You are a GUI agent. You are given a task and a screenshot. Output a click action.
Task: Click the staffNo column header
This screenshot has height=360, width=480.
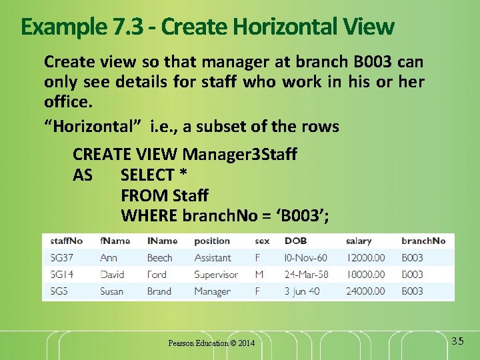67,241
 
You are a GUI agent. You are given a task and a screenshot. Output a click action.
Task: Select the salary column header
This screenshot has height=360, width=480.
359,241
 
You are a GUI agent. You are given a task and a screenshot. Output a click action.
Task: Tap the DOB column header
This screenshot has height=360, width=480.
295,241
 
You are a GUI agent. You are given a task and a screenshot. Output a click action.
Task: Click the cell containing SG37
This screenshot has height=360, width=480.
62,258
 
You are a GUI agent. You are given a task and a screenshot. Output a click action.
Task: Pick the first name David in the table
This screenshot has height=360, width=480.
112,275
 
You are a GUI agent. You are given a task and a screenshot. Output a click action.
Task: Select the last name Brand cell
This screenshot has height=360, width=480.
159,291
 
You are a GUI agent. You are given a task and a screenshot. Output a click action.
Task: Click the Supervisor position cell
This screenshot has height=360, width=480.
216,275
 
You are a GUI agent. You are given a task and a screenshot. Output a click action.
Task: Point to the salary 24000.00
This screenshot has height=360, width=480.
365,291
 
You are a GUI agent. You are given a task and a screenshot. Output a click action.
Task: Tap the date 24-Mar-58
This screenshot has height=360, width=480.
306,275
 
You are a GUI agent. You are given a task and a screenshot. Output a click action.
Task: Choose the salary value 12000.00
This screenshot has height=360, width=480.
365,258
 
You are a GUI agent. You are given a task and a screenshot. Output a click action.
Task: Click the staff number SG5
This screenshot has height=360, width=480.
59,291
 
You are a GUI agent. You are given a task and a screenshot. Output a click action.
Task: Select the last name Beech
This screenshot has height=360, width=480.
159,258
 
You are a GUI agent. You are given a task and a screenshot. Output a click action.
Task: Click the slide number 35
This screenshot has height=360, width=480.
457,341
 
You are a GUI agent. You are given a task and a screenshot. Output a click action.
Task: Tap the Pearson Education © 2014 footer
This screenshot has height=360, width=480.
211,343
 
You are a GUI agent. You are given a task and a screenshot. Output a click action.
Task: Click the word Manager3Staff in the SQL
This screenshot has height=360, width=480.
240,155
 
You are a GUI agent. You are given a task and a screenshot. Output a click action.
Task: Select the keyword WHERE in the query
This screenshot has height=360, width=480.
149,216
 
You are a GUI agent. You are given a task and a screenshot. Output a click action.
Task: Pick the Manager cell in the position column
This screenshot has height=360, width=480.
212,291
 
